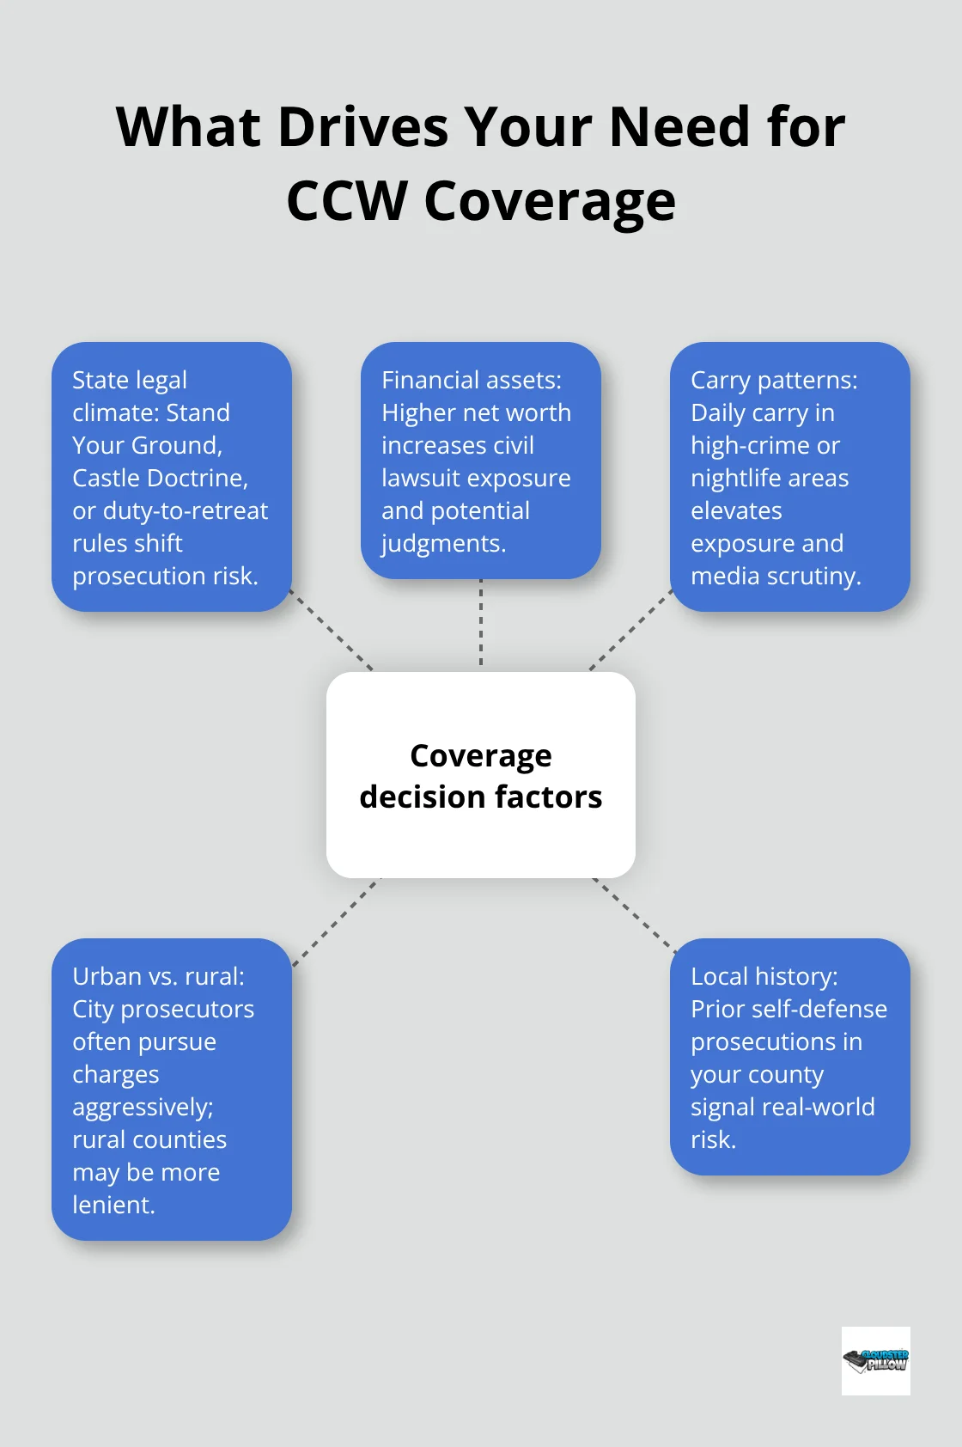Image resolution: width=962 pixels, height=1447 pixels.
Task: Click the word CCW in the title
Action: [346, 201]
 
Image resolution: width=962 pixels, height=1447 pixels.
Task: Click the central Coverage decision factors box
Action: [481, 775]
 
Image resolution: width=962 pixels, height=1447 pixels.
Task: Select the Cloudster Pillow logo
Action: [875, 1360]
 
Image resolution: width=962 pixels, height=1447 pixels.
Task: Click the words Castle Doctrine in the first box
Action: [160, 478]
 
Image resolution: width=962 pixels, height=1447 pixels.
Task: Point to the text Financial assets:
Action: [472, 380]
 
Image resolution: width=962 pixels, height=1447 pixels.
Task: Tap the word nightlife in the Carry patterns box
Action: [769, 478]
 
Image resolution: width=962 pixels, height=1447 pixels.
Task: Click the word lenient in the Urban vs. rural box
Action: [112, 1205]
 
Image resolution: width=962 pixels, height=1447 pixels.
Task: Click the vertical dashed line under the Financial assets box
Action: [481, 624]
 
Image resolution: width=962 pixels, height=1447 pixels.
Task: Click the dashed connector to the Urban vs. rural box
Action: [335, 922]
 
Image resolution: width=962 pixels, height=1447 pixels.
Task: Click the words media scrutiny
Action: [775, 576]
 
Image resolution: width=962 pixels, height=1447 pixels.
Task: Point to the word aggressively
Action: [142, 1108]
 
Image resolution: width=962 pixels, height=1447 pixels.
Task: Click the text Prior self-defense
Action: [788, 1009]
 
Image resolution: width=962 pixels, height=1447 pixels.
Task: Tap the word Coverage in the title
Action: [550, 201]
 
